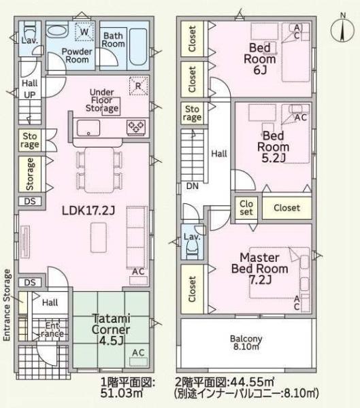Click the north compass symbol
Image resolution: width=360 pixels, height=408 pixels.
coord(342,29)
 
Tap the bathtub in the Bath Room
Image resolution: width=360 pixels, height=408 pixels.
coord(138,47)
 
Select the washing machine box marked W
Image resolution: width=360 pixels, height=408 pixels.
coord(84,31)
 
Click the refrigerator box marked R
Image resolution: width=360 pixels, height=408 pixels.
coord(138,86)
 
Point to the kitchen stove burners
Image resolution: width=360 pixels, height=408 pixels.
coord(136,128)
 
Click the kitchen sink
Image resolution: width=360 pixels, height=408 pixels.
coord(88,128)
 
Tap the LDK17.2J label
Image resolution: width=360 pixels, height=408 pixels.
coord(88,210)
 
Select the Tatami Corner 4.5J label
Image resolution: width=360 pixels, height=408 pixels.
coord(111,329)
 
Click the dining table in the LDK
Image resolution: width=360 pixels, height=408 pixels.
coord(99,170)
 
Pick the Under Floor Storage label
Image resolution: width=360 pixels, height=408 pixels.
coord(102,100)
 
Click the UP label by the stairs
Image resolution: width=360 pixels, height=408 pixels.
coord(30,95)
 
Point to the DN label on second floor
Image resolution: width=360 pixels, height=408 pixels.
coord(193,186)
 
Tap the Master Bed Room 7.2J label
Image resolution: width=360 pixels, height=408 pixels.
coord(260,269)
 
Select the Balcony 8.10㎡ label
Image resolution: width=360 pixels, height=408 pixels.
coord(246,343)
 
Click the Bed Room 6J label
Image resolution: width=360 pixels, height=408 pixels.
coord(260,58)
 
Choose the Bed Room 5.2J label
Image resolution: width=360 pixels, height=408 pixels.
coord(274,147)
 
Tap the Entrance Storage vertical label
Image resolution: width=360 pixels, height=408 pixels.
coord(7,305)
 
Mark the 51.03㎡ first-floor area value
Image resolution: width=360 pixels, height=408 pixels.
coord(122,393)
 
